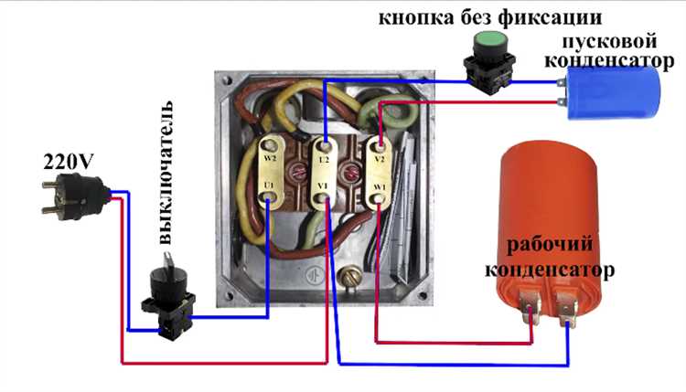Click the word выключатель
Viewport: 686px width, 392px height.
click(168, 183)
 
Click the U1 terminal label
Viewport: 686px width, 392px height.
click(269, 187)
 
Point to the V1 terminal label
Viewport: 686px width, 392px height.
click(323, 188)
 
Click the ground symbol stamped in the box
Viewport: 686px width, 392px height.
click(314, 274)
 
